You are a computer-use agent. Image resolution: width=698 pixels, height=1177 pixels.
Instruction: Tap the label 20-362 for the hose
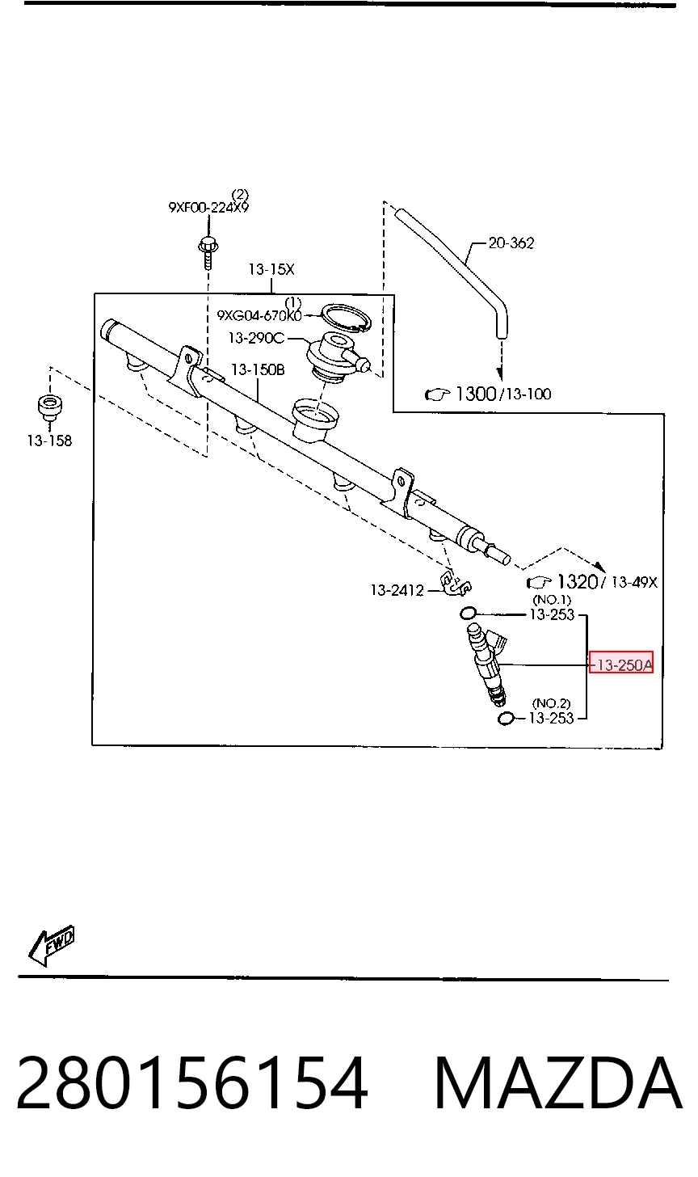coord(511,243)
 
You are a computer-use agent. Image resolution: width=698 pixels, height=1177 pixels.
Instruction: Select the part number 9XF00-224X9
coord(208,207)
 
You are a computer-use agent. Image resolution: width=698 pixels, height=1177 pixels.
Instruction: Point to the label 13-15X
coord(271,269)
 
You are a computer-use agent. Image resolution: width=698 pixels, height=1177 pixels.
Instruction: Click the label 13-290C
coord(256,338)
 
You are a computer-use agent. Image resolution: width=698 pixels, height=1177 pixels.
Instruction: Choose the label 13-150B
coord(258,370)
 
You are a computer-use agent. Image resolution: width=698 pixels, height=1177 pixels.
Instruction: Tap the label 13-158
coord(49,441)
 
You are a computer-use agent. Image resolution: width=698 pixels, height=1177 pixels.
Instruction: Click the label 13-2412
coord(397,591)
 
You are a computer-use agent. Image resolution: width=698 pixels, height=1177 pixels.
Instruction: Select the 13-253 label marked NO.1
coord(552,614)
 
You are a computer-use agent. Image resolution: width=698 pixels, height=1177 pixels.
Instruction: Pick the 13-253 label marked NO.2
coord(552,718)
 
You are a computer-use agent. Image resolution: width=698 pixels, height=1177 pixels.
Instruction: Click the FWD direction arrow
coord(52,945)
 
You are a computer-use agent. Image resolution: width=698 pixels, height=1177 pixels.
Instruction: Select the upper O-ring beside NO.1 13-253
coord(468,613)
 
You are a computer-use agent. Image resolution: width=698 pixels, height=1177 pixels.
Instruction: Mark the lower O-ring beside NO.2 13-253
coord(505,719)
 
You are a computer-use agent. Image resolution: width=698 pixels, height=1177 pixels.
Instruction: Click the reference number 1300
coord(476,394)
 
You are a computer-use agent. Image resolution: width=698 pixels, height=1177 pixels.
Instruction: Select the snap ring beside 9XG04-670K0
coord(346,318)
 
